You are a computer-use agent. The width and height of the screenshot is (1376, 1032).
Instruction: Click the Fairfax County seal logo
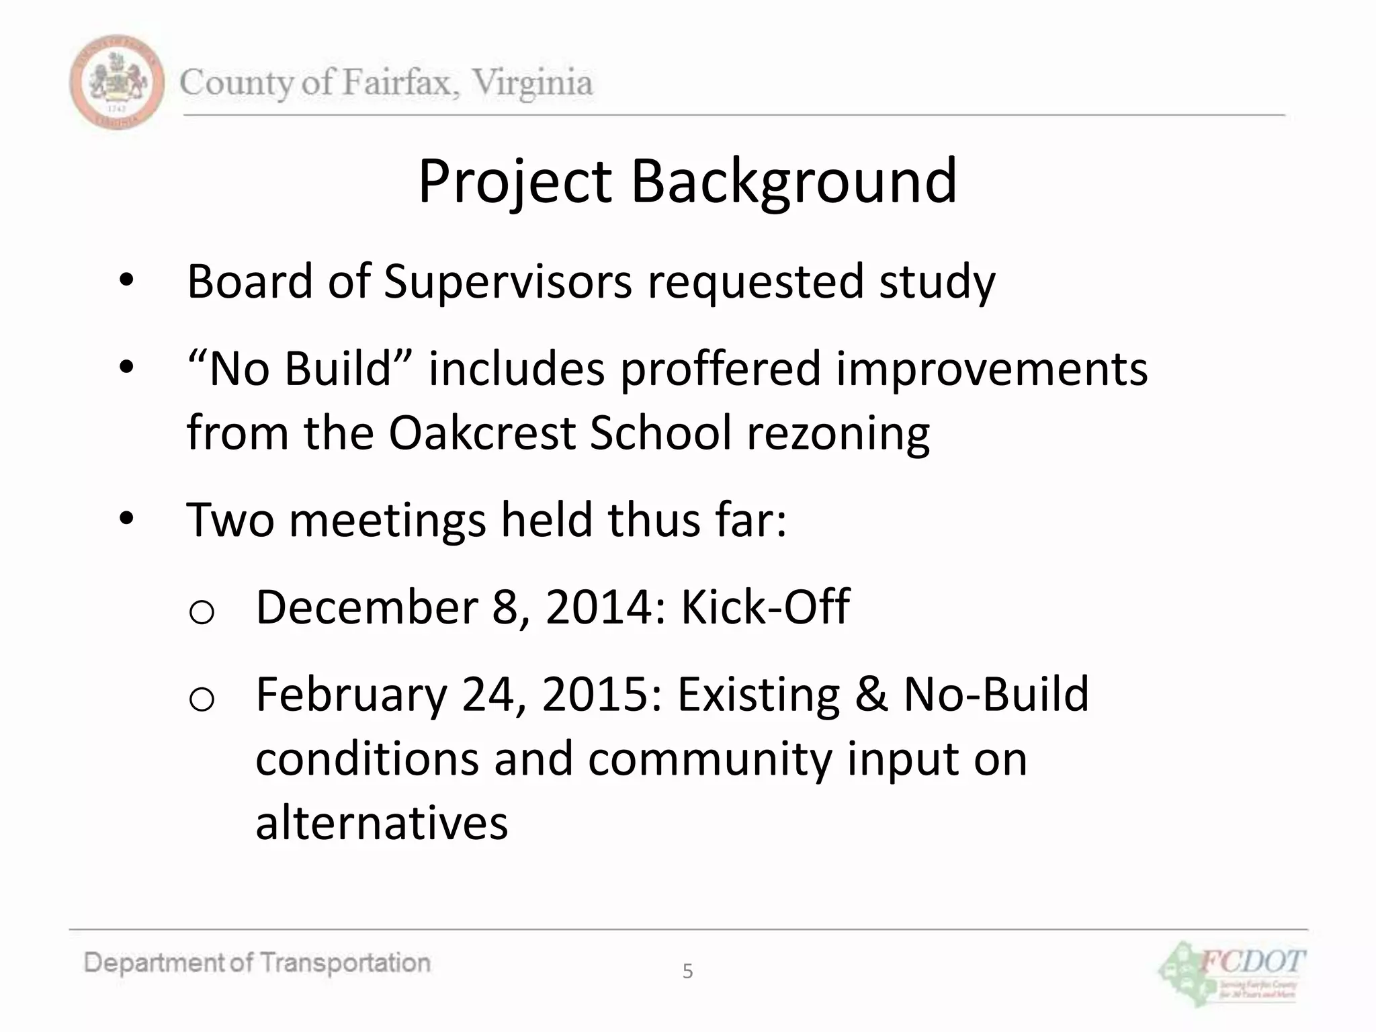[x=116, y=82]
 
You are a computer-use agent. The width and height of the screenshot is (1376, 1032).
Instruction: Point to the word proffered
[x=720, y=369]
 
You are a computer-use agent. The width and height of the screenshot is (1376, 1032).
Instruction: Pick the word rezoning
[x=838, y=433]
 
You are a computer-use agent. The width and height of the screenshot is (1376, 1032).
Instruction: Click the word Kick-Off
[x=765, y=607]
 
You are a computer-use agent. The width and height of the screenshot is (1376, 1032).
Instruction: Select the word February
[x=351, y=695]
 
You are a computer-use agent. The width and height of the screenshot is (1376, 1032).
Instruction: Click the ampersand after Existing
[x=871, y=694]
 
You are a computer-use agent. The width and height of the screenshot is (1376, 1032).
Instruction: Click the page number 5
[x=687, y=971]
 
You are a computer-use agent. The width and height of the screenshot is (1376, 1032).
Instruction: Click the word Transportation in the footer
[x=345, y=963]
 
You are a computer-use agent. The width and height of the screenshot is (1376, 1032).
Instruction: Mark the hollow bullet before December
[x=202, y=612]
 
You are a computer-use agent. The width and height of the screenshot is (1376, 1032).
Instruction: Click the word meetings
[x=387, y=520]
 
